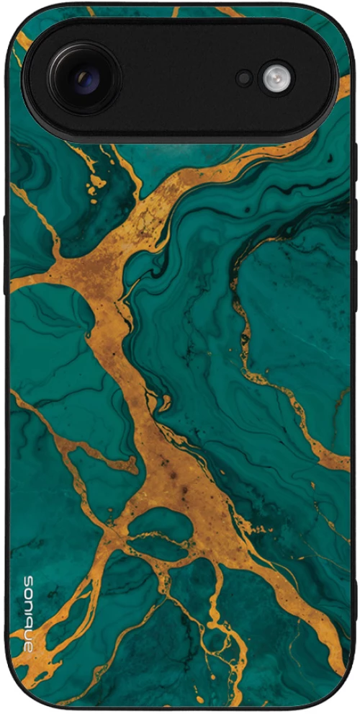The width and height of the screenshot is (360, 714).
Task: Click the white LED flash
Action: pyautogui.click(x=276, y=79)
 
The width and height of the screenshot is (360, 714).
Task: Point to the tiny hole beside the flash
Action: pyautogui.click(x=245, y=79)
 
